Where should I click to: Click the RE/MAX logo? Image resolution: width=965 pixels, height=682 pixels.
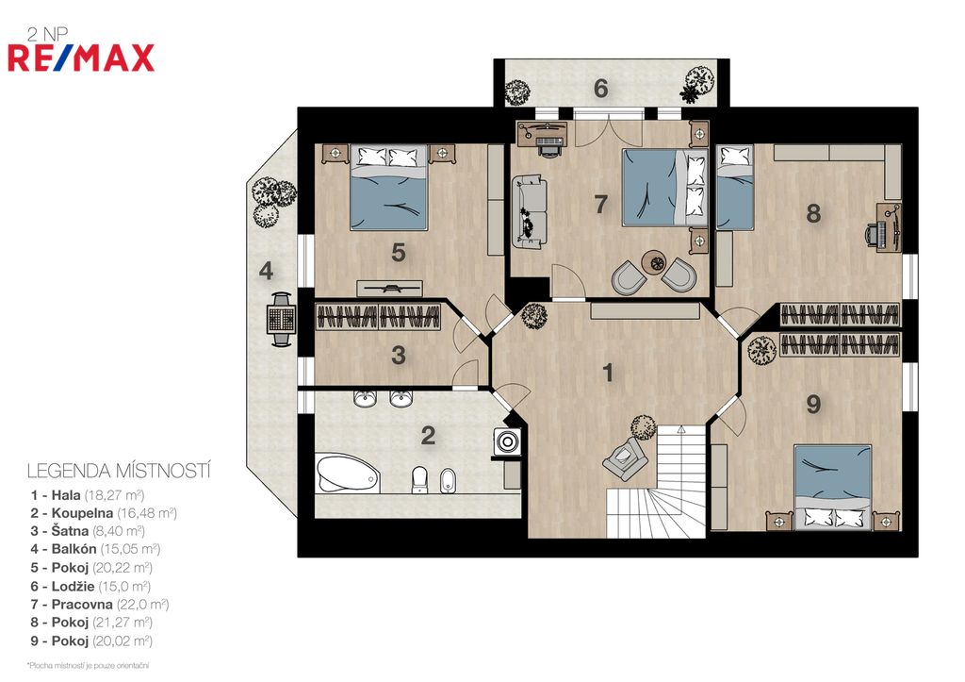(81, 58)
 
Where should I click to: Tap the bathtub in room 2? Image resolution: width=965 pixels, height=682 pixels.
(347, 474)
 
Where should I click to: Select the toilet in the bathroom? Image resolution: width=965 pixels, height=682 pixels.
(419, 479)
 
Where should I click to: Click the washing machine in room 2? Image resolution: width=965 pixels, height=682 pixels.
(507, 441)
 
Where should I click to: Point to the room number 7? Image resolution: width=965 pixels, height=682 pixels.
(600, 204)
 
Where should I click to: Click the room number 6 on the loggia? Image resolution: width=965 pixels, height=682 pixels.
(600, 89)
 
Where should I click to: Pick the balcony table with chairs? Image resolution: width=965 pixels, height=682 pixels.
(281, 319)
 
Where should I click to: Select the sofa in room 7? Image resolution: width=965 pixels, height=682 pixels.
(530, 212)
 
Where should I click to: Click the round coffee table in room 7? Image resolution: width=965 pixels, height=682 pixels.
(654, 263)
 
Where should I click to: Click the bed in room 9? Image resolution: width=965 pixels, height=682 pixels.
(833, 487)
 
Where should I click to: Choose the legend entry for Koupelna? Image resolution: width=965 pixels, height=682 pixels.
(104, 512)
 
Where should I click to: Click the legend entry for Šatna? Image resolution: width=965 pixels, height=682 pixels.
(88, 531)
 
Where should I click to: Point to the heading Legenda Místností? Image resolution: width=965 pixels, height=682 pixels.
(119, 472)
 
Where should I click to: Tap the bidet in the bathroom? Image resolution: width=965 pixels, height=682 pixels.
(448, 480)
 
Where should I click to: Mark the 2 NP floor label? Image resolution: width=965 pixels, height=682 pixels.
(47, 35)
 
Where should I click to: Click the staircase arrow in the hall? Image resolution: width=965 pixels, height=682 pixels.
(680, 429)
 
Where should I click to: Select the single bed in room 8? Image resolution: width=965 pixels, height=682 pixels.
(735, 188)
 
